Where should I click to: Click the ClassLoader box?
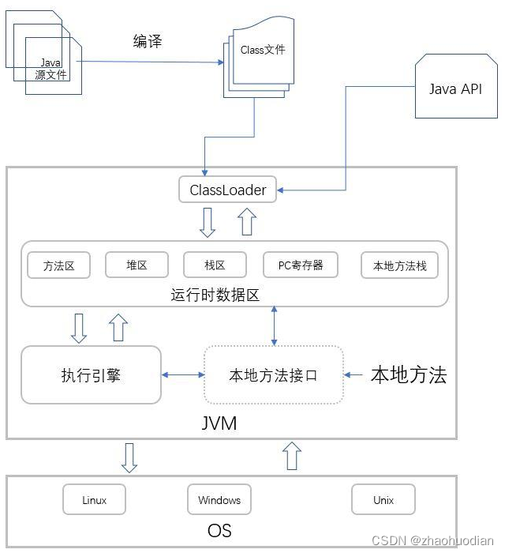point(228,190)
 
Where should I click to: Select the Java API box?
point(454,88)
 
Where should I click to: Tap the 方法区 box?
point(59,265)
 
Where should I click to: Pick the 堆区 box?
point(137,265)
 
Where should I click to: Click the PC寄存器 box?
point(301,265)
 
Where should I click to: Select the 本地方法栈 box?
point(399,265)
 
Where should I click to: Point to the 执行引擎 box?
point(91,375)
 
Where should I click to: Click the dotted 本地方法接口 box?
point(273,375)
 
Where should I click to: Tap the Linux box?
point(94,500)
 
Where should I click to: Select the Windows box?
point(219,500)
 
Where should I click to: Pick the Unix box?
point(383,500)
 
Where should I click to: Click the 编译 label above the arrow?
point(147,42)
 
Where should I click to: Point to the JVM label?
point(219,423)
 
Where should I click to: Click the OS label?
point(219,529)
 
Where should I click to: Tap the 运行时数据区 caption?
point(215,295)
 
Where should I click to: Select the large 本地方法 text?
point(409,375)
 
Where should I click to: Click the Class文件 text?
point(263,50)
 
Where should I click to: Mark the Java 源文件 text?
point(51,69)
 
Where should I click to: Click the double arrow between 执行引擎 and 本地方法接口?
point(183,375)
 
